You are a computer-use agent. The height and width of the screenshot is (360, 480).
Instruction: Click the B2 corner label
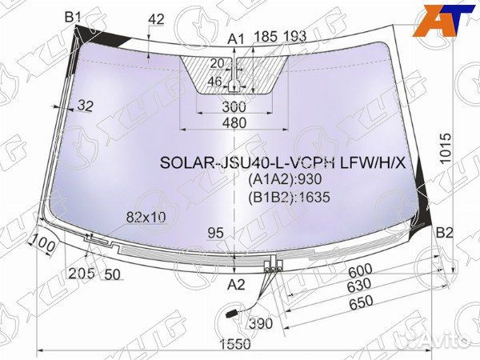click(445, 233)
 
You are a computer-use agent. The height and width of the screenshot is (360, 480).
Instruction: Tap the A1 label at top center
click(236, 38)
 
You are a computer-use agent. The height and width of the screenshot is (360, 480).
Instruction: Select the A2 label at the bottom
click(236, 285)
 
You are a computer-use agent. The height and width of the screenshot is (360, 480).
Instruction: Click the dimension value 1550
click(235, 344)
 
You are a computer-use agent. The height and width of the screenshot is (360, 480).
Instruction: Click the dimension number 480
click(234, 122)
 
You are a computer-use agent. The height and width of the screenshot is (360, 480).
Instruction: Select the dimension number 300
click(234, 106)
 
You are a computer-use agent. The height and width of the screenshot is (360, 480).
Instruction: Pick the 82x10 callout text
click(146, 216)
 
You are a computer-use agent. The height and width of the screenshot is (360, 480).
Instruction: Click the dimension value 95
click(214, 233)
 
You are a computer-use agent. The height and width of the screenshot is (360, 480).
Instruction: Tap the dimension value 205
click(81, 273)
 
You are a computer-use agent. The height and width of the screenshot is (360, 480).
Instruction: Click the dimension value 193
click(295, 35)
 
